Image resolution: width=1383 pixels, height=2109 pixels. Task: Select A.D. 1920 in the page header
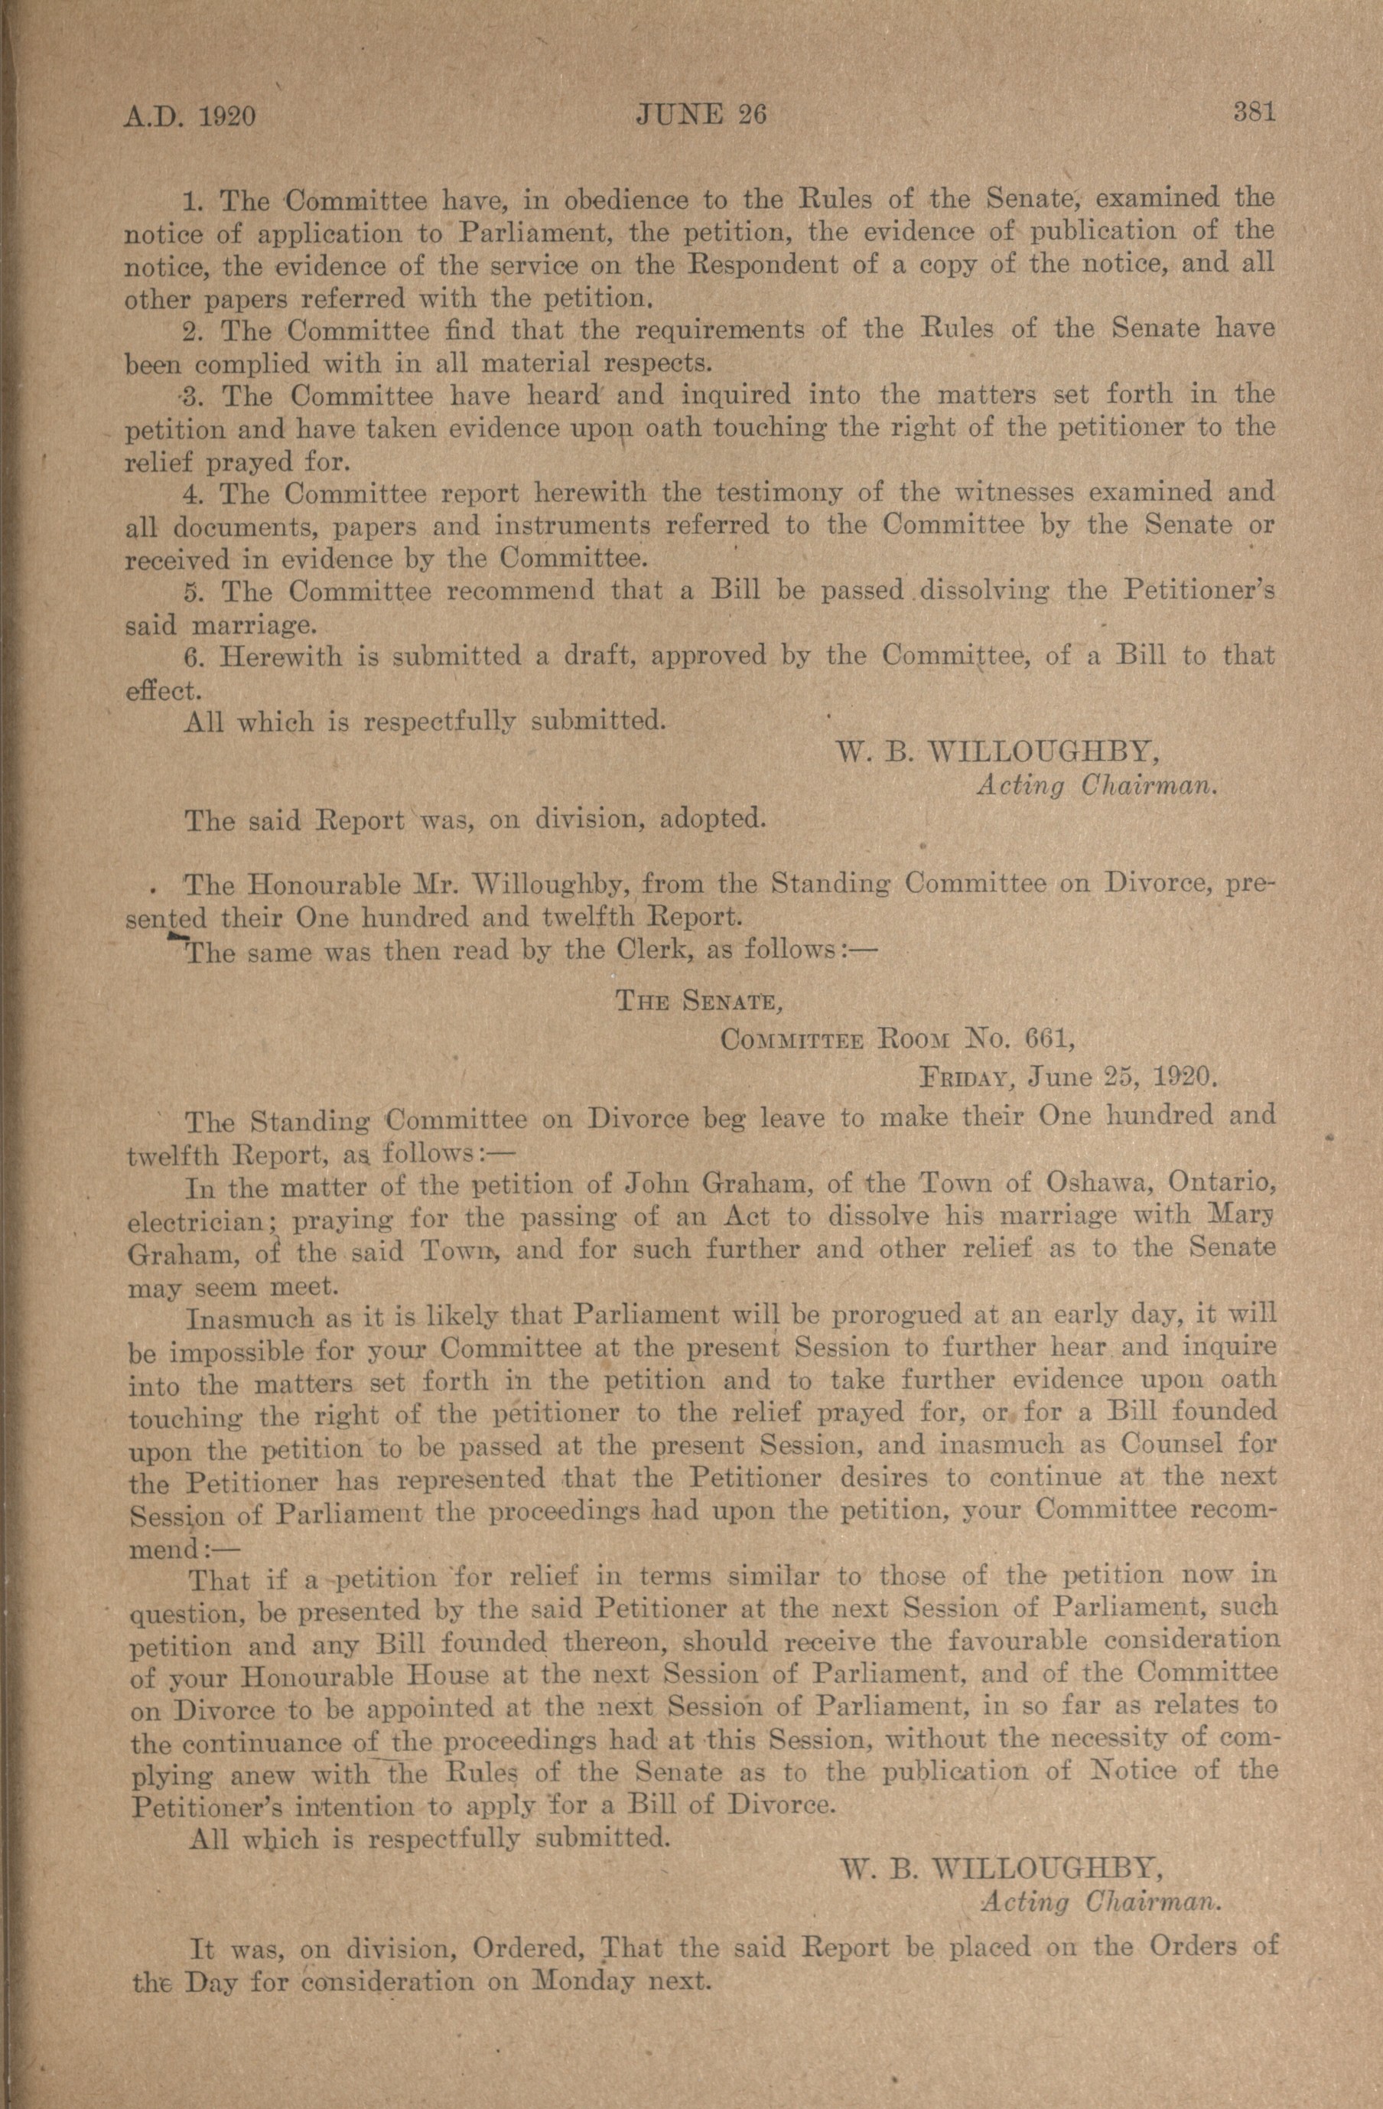coord(190,116)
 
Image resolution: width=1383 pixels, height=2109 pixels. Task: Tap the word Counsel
coord(1170,1443)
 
